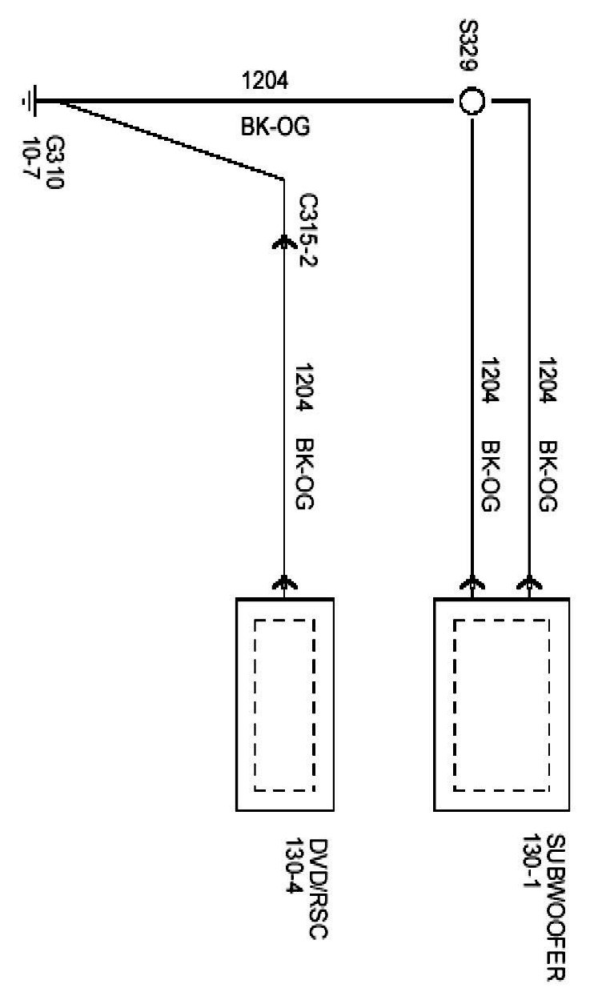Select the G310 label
tap(56, 149)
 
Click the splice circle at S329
tap(472, 102)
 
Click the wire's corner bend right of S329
tap(528, 102)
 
